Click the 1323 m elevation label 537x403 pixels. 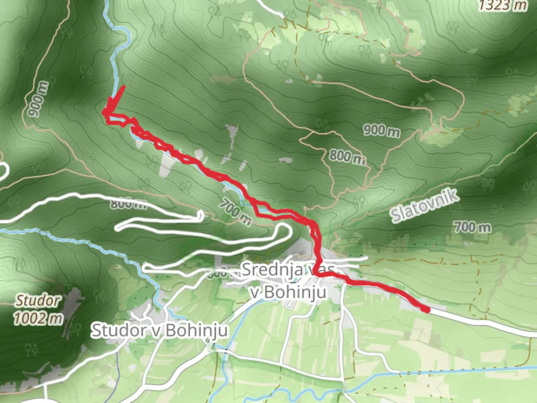(x=503, y=5)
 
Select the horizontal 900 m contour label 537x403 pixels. (x=381, y=131)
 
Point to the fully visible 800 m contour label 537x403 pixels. (x=347, y=156)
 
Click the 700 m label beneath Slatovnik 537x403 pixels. (x=472, y=227)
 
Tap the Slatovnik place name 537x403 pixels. (x=424, y=206)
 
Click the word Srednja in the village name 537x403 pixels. (x=271, y=269)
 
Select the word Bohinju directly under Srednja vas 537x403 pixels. (x=295, y=292)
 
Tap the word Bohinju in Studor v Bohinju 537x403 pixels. (x=197, y=330)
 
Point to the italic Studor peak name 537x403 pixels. (x=37, y=300)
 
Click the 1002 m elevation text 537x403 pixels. (x=38, y=318)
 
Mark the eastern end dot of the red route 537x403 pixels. (x=426, y=309)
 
